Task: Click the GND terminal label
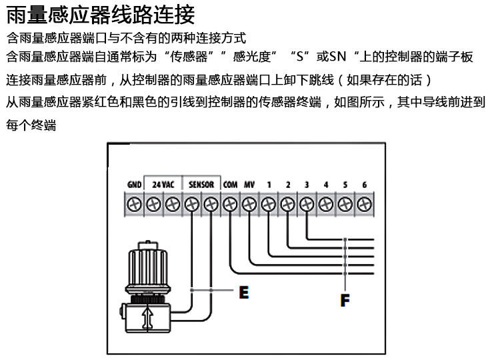[x=133, y=184]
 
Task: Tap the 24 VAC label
[x=163, y=184]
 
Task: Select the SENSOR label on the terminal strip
[x=201, y=184]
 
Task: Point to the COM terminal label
[x=230, y=184]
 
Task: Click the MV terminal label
[x=249, y=184]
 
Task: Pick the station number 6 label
[x=364, y=184]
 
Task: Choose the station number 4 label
[x=326, y=184]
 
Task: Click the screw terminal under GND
[x=133, y=203]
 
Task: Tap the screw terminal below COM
[x=230, y=203]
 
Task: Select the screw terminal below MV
[x=249, y=203]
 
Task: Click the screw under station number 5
[x=345, y=203]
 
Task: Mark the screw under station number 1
[x=269, y=203]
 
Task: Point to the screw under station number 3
[x=307, y=203]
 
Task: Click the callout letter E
[x=244, y=291]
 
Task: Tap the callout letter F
[x=345, y=299]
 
